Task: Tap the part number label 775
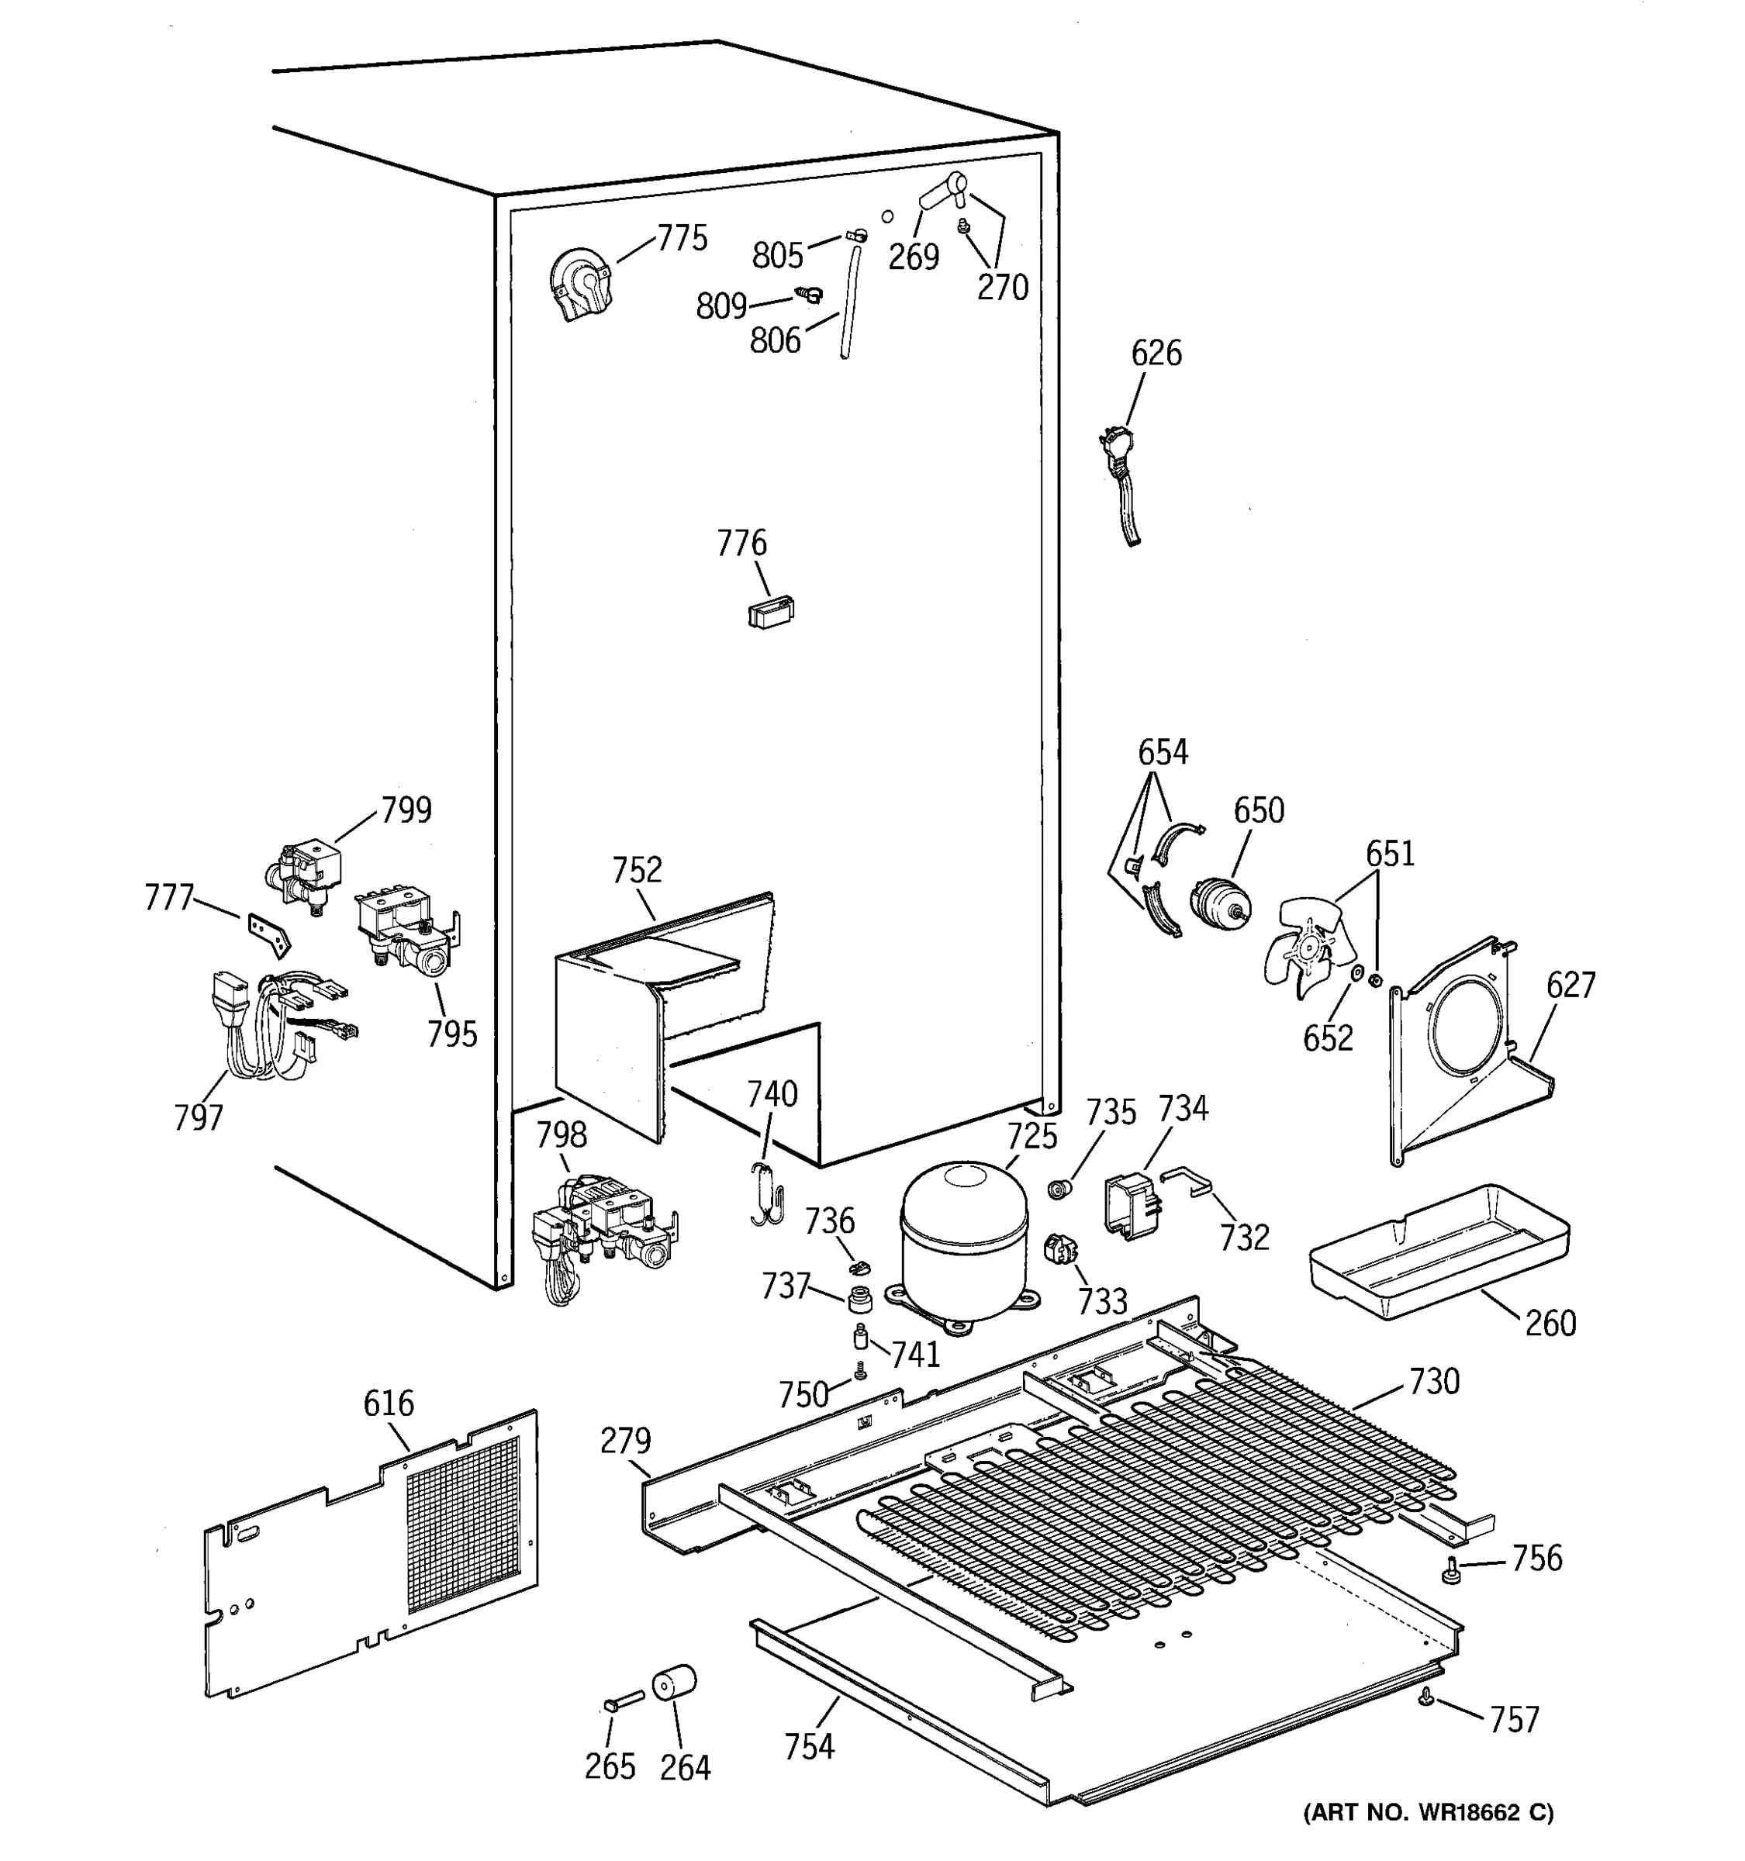(682, 239)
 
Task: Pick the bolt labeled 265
(622, 1700)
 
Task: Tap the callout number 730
(1433, 1382)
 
